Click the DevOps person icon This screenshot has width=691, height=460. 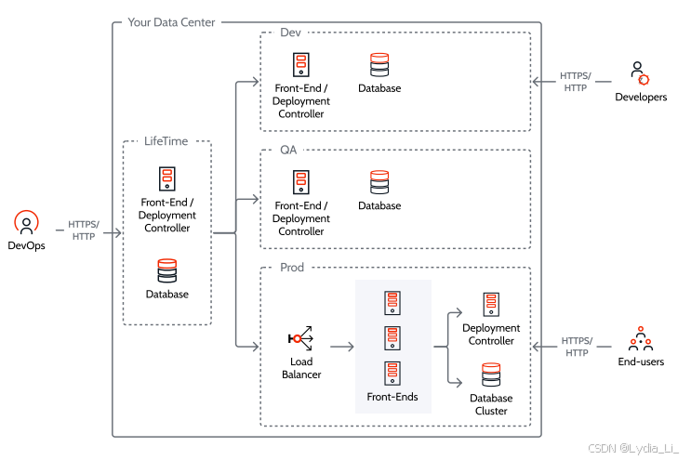coord(26,224)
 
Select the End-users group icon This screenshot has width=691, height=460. coord(640,338)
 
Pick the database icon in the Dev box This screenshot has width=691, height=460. coord(379,65)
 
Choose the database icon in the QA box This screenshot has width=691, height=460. coord(379,182)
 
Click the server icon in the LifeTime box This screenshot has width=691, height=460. coord(166,179)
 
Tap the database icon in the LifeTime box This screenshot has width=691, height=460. coord(166,270)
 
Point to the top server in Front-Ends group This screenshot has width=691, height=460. coord(392,303)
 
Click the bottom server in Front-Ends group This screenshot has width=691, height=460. coord(392,374)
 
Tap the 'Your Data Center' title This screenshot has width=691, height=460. coord(171,21)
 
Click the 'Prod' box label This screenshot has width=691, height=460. coord(292,268)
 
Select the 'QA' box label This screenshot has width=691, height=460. coord(288,150)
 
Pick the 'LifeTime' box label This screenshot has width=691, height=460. coord(166,141)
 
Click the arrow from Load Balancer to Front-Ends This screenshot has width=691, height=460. coord(341,348)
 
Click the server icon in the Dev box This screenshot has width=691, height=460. coord(301,65)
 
